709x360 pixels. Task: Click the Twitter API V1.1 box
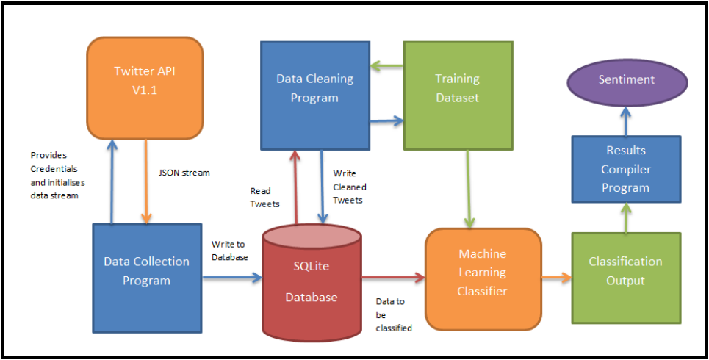pos(145,87)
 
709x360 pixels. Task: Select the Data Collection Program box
pos(146,270)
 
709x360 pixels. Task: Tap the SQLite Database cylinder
pos(312,279)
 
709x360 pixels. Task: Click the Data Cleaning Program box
pos(314,88)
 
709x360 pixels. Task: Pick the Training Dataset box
pos(457,88)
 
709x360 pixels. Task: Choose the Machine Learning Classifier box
pos(483,273)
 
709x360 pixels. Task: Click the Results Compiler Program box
pos(627,168)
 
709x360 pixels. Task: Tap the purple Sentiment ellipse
pos(626,79)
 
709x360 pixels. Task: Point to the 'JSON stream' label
pos(184,173)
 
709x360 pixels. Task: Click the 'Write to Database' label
pos(229,250)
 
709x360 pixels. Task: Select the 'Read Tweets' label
pos(264,196)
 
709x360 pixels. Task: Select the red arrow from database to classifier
pos(393,277)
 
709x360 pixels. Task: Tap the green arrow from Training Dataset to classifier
pos(469,188)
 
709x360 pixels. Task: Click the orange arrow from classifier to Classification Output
pos(556,277)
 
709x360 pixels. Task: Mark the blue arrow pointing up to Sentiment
pos(625,119)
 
